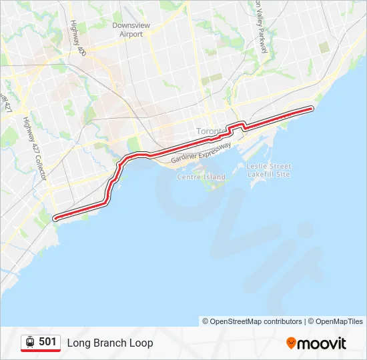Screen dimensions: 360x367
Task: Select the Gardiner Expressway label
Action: click(201, 153)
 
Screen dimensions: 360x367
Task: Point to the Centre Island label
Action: click(201, 177)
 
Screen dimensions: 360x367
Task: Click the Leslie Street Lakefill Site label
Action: click(269, 170)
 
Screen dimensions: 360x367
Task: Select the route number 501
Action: click(47, 342)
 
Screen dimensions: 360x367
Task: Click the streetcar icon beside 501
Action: click(30, 343)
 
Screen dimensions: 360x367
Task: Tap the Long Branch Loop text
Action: click(110, 343)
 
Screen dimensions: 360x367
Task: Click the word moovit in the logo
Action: click(322, 343)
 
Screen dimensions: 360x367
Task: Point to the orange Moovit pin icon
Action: click(291, 343)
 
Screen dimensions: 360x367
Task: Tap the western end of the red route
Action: click(55, 217)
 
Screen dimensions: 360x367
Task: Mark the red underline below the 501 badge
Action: click(41, 351)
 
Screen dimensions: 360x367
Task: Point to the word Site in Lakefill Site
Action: click(283, 174)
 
